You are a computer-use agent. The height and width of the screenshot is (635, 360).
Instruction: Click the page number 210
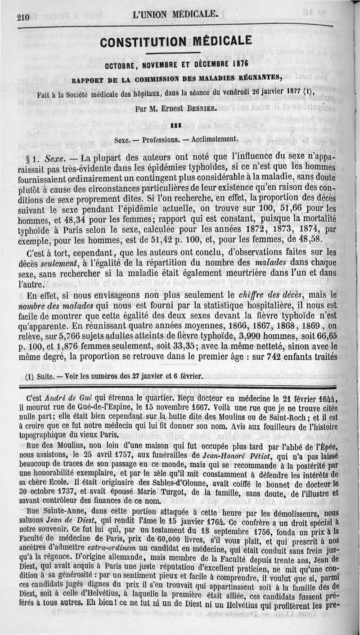[22, 18]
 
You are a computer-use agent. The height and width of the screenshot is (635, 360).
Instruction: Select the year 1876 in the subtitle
[237, 65]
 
